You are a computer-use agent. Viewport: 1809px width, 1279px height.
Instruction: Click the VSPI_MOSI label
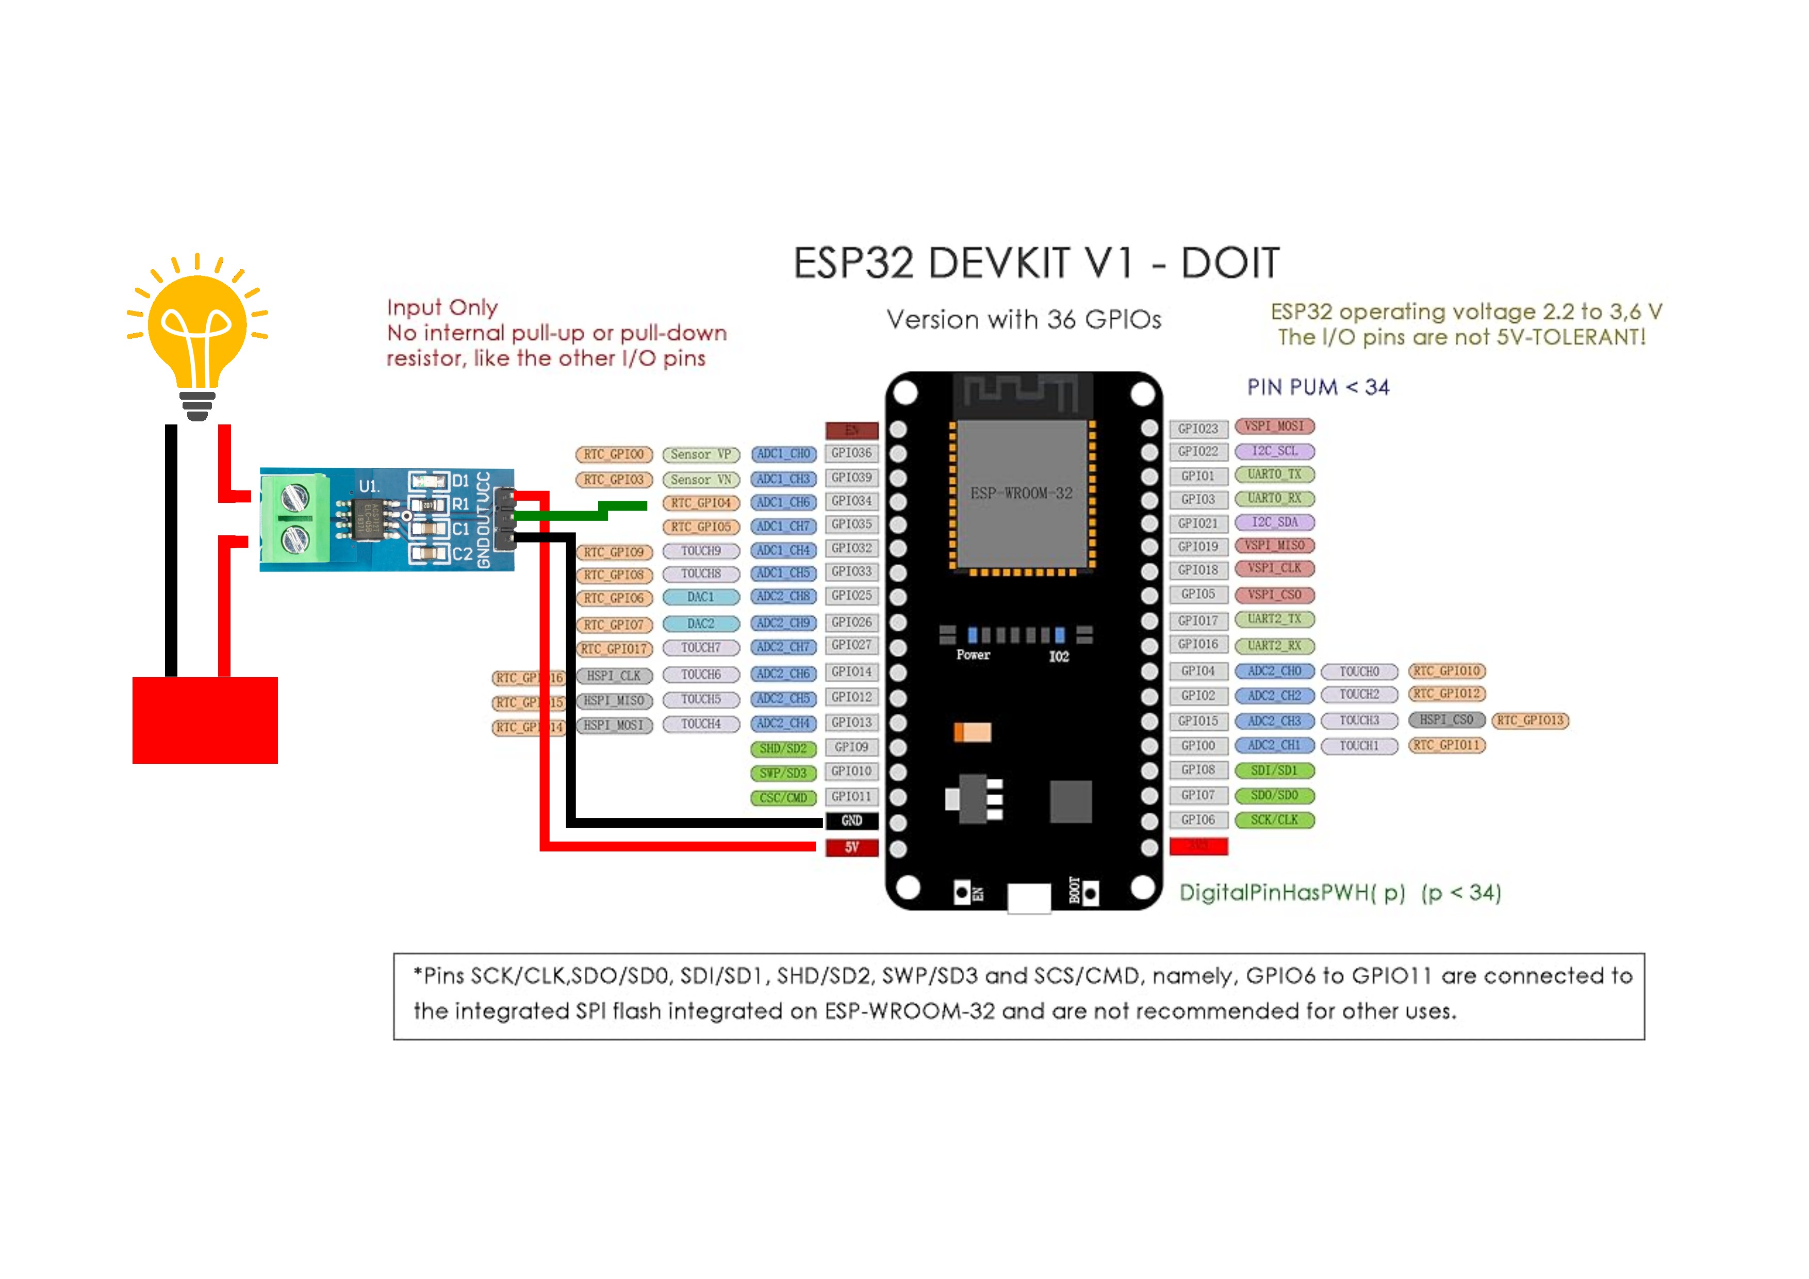pyautogui.click(x=1274, y=427)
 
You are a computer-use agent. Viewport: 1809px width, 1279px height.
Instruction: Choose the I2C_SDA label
pyautogui.click(x=1274, y=522)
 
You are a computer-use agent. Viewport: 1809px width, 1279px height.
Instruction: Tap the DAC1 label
pyautogui.click(x=700, y=597)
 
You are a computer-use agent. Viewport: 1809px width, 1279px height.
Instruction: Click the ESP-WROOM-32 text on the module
pyautogui.click(x=1021, y=494)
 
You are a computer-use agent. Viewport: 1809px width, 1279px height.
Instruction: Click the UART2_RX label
pyautogui.click(x=1274, y=645)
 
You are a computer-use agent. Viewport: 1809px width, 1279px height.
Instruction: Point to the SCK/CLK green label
pyautogui.click(x=1274, y=819)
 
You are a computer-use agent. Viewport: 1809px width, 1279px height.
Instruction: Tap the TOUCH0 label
pyautogui.click(x=1359, y=671)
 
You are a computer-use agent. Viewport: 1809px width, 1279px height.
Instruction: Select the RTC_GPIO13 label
pyautogui.click(x=1530, y=720)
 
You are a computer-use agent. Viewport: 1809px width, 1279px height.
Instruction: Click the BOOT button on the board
pyautogui.click(x=1091, y=894)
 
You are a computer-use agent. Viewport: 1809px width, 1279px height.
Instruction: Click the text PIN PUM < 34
pyautogui.click(x=1318, y=387)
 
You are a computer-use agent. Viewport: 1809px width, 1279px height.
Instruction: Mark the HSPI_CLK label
pyautogui.click(x=614, y=676)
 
